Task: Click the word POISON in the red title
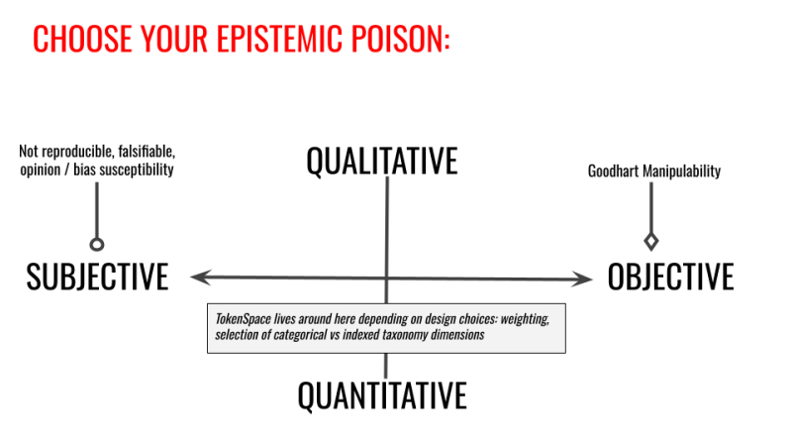pyautogui.click(x=400, y=39)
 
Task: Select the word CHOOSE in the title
pyautogui.click(x=82, y=39)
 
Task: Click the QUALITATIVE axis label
pyautogui.click(x=382, y=162)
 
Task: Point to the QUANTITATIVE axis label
pyautogui.click(x=382, y=395)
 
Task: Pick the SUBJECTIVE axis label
pyautogui.click(x=97, y=277)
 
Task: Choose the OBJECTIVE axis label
pyautogui.click(x=670, y=277)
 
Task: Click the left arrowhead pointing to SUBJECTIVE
pyautogui.click(x=200, y=278)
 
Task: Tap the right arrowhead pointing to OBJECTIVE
pyautogui.click(x=582, y=279)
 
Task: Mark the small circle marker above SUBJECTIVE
pyautogui.click(x=97, y=245)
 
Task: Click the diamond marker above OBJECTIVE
pyautogui.click(x=651, y=241)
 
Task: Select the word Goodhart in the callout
pyautogui.click(x=613, y=171)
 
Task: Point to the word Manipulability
pyautogui.click(x=681, y=171)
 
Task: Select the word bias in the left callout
pyautogui.click(x=85, y=169)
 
